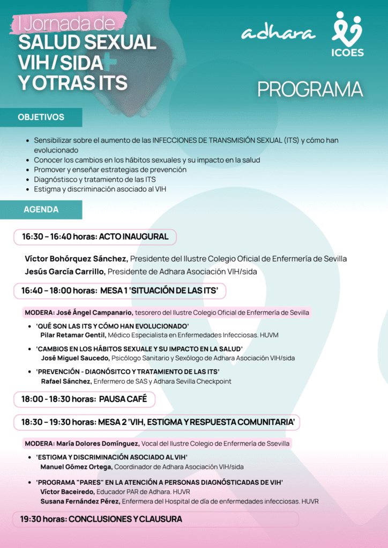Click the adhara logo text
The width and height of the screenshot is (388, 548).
(x=278, y=33)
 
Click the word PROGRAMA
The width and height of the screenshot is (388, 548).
(x=310, y=89)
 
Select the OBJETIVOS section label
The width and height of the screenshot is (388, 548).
(x=41, y=117)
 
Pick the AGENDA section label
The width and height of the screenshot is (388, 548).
(x=41, y=210)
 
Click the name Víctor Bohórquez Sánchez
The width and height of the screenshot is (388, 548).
(x=76, y=258)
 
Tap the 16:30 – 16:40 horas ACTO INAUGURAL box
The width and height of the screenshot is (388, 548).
(x=95, y=237)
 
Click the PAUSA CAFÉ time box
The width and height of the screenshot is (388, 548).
(x=84, y=399)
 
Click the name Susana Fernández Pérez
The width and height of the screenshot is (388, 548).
(x=80, y=501)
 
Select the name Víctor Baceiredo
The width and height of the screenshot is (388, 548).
(x=68, y=492)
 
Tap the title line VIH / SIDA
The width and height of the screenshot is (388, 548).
(x=60, y=63)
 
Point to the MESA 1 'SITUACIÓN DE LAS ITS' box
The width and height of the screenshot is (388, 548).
(x=120, y=291)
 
